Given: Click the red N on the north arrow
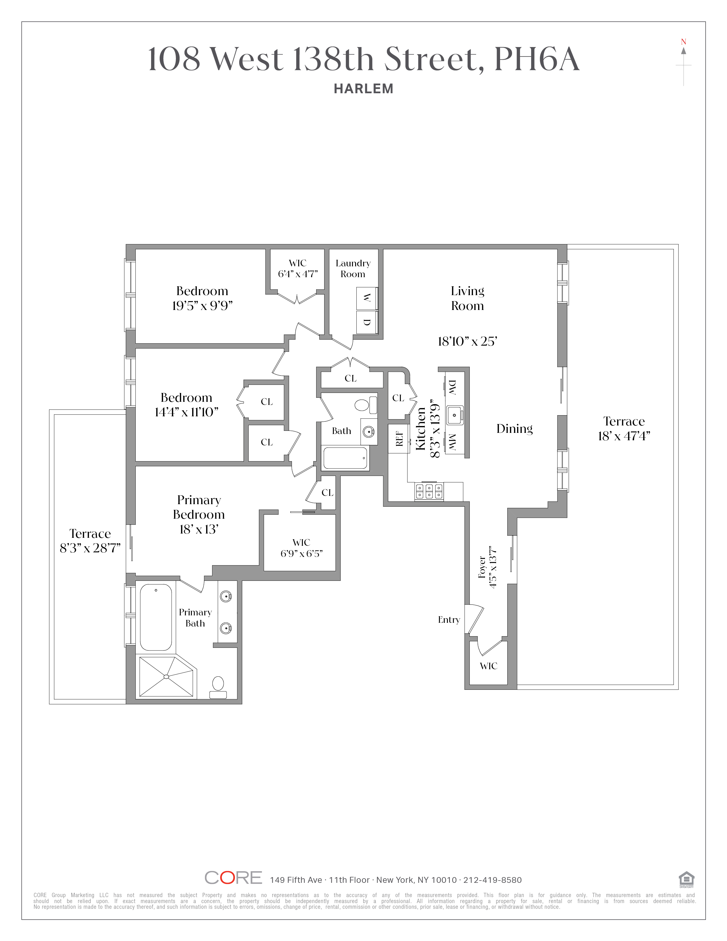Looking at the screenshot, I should [x=683, y=42].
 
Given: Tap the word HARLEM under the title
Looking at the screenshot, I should [x=363, y=89].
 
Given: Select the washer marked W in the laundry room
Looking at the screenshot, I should [x=367, y=298].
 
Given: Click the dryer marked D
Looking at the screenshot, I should [x=367, y=322].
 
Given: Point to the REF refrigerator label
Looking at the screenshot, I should [x=399, y=439].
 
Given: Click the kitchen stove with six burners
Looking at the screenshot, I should [x=429, y=491].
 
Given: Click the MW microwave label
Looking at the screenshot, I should [x=452, y=442].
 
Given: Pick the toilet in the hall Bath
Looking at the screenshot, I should [x=363, y=405].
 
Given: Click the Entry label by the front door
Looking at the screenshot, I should [x=449, y=620].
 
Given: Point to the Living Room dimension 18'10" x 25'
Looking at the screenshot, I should [x=467, y=341].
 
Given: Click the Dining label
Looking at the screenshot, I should [x=514, y=428].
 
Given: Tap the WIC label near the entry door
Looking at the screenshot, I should [x=488, y=666].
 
